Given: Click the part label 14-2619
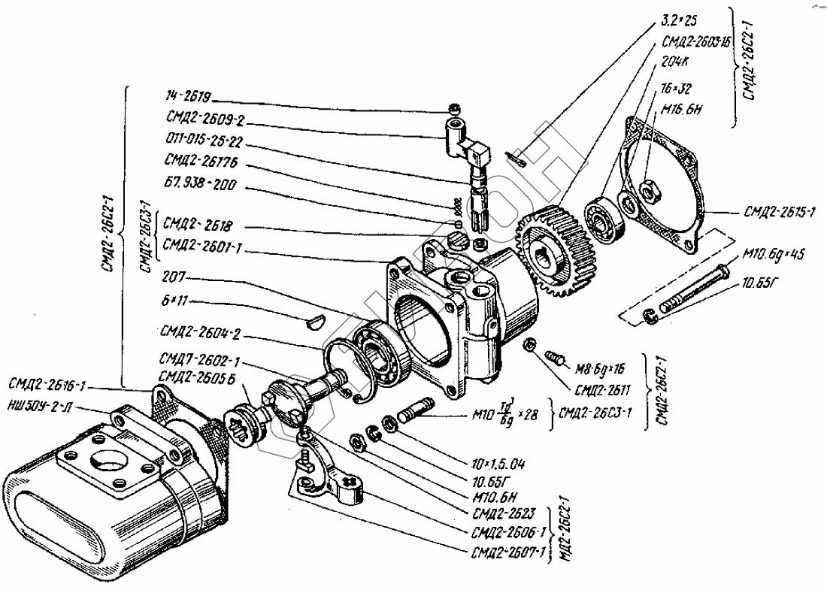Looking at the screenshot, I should click(188, 98).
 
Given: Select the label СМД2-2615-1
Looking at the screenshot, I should click(779, 213).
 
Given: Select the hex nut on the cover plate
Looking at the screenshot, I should click(650, 192).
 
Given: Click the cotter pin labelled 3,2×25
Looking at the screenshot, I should click(518, 157).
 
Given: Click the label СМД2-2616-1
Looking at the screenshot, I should click(47, 386).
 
